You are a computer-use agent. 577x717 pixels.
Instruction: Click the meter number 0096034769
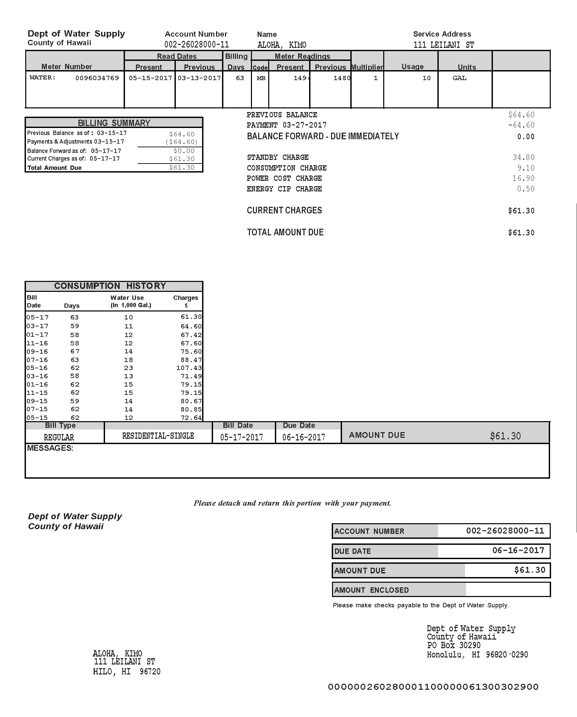pos(97,78)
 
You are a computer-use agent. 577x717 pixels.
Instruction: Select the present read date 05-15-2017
pos(150,78)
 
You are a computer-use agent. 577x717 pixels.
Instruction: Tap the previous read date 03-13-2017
pos(199,78)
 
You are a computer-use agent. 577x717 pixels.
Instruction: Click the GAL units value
pos(459,78)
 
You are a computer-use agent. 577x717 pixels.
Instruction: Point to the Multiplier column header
pos(367,67)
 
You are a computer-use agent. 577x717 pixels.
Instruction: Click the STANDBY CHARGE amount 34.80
pos(523,157)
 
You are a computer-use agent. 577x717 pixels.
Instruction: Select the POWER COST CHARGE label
pos(284,179)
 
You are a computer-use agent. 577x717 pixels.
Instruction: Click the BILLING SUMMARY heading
pos(114,123)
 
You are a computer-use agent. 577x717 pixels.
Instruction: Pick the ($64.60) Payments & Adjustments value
pos(181,142)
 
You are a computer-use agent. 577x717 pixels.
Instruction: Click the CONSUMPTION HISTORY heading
pos(110,286)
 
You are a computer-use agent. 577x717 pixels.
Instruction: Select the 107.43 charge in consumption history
pos(189,368)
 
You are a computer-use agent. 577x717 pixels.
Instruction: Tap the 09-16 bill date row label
pos(37,351)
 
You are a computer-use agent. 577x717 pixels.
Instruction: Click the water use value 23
pos(128,368)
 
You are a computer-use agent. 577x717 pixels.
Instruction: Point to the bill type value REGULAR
pos(59,437)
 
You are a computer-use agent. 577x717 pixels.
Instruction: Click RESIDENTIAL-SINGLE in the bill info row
pos(158,436)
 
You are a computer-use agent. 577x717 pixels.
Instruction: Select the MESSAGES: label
pos(50,448)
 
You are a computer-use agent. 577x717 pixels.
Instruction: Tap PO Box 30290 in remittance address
pos(454,646)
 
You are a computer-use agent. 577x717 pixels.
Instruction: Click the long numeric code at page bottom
pos(433,687)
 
